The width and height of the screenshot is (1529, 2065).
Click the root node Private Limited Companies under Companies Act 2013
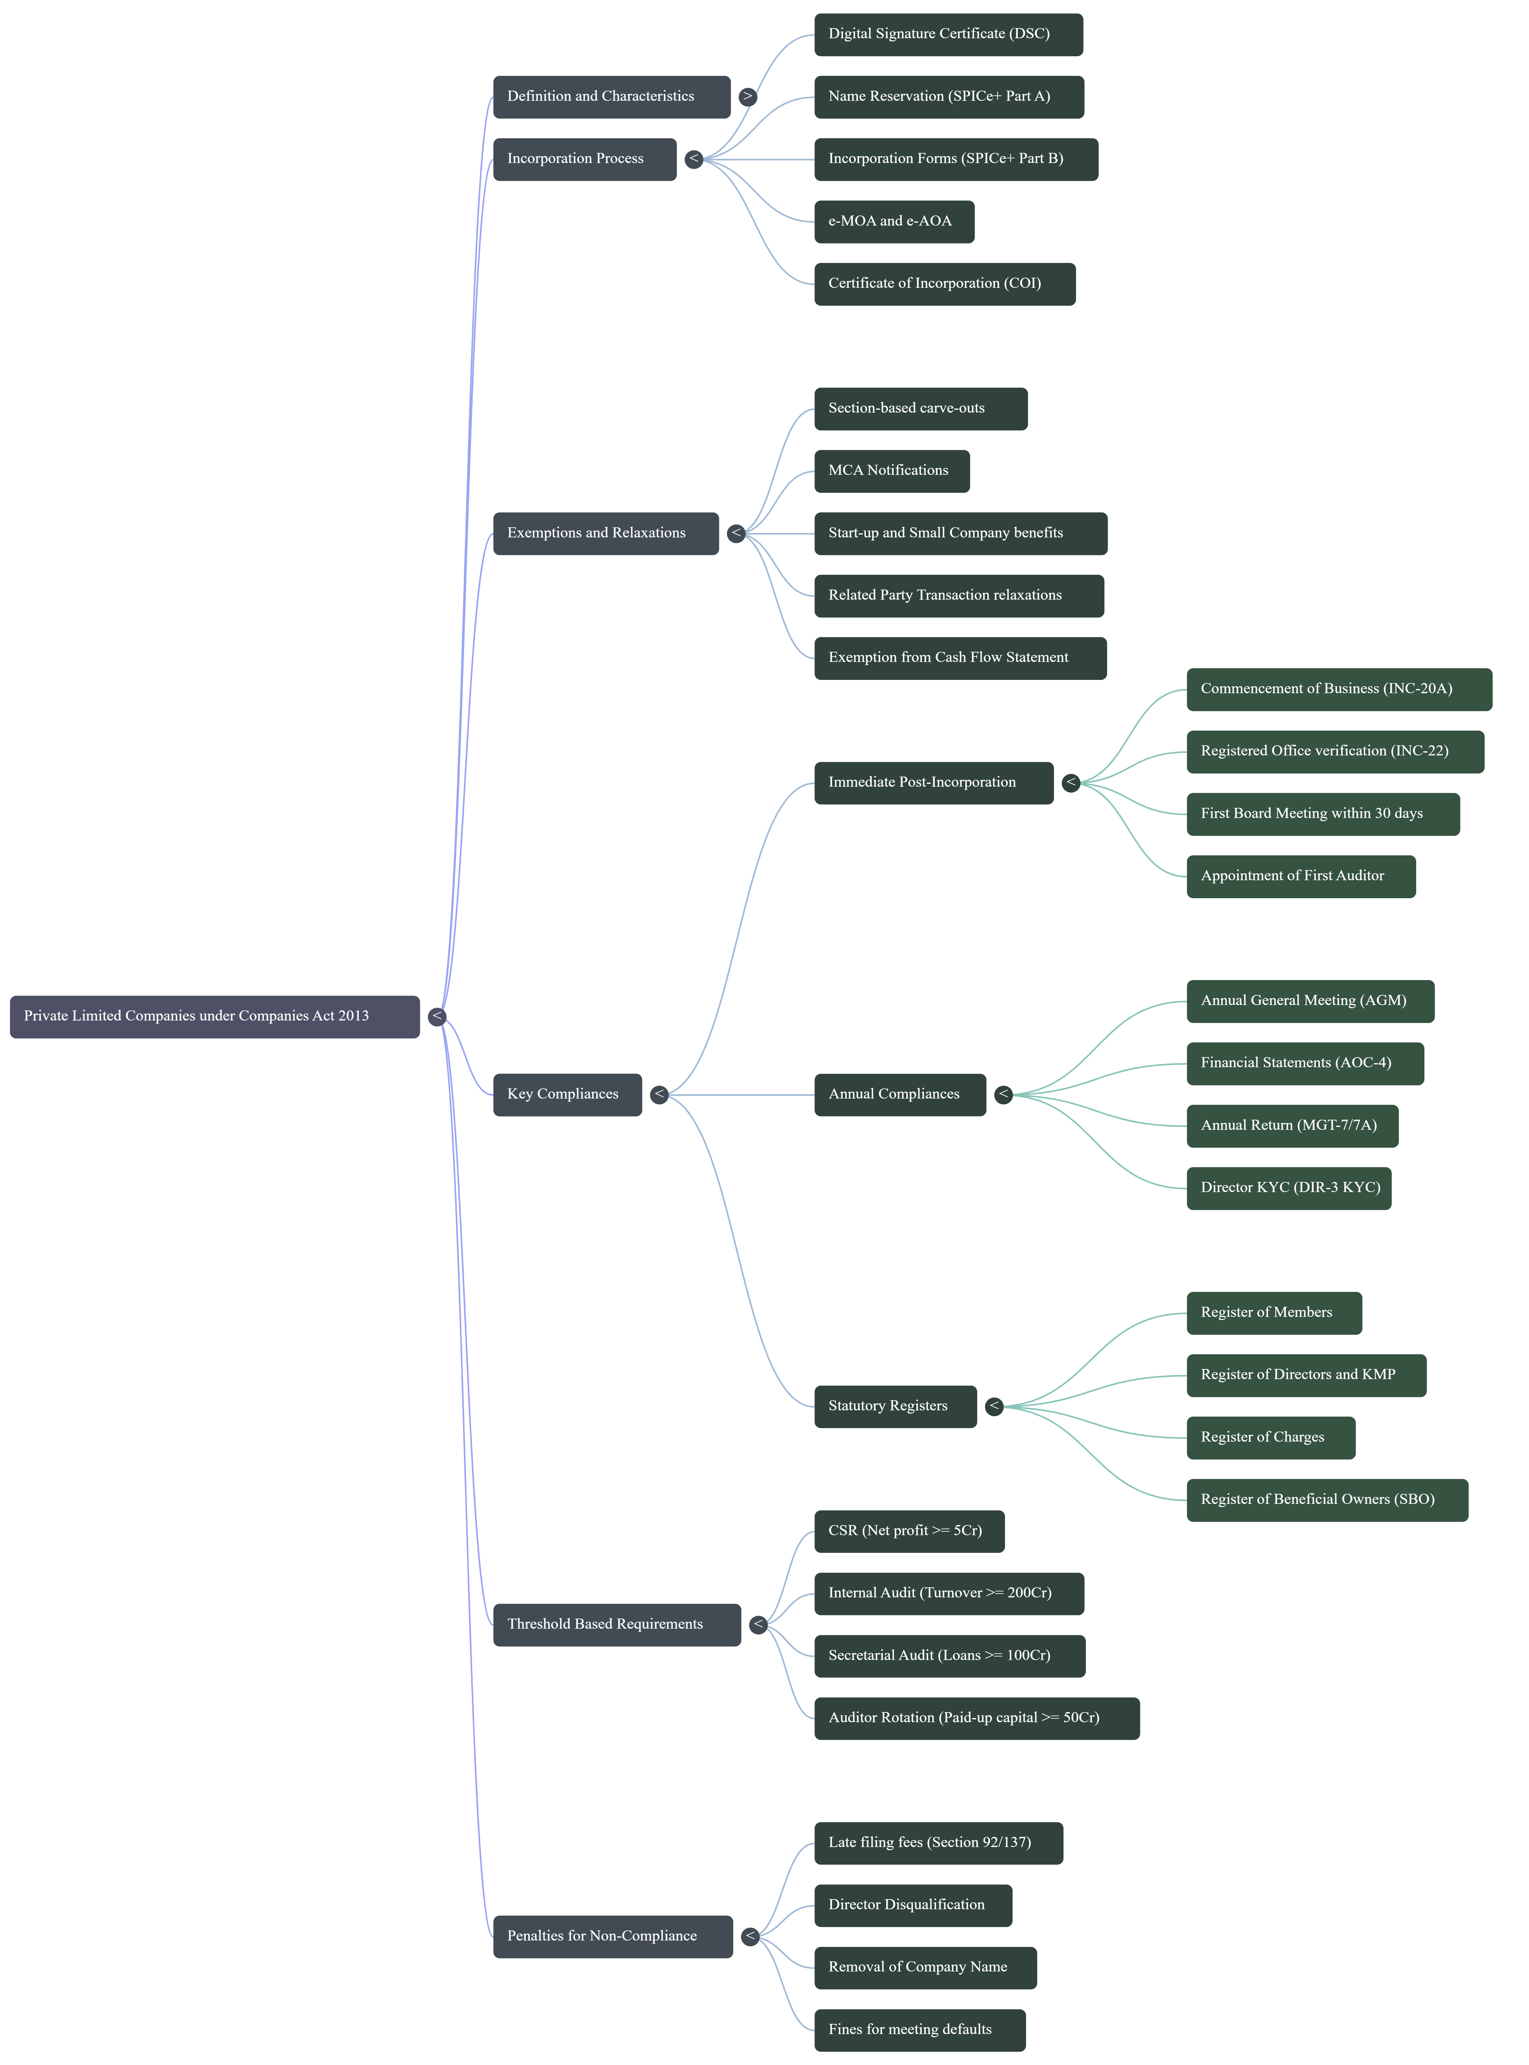coord(214,1016)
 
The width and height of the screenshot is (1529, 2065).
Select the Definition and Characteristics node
coord(611,96)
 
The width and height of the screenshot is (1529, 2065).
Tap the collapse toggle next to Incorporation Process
coord(693,159)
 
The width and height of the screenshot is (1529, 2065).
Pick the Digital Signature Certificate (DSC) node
coord(948,34)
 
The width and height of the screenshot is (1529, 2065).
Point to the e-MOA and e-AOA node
coord(893,221)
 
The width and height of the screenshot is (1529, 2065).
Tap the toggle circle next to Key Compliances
coord(659,1094)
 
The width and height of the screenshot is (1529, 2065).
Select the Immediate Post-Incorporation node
coord(933,783)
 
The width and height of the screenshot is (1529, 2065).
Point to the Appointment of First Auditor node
coord(1301,876)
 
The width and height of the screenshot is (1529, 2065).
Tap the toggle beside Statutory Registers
coord(994,1406)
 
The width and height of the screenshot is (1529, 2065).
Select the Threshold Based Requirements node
coord(616,1625)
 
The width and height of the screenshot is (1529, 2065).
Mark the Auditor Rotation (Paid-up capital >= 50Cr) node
coord(977,1718)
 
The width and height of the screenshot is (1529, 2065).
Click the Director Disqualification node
coord(913,1905)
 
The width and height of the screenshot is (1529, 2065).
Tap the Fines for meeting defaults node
coord(919,2030)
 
